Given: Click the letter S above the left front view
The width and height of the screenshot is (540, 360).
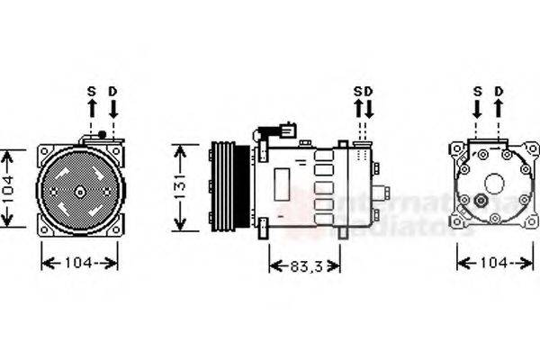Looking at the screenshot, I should (x=91, y=91).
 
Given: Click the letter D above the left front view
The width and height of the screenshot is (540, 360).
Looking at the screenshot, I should (x=112, y=91).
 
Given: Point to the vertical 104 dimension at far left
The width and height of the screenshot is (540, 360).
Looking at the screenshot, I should (x=8, y=188).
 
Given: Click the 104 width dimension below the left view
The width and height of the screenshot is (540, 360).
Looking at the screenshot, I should (x=80, y=263).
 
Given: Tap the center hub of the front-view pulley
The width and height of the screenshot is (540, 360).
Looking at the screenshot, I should (x=80, y=191).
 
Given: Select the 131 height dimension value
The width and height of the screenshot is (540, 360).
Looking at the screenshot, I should (x=182, y=187).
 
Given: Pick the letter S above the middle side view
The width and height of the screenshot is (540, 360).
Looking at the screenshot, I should (x=357, y=91).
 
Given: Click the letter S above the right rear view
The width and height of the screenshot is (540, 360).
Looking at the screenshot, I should (x=477, y=91).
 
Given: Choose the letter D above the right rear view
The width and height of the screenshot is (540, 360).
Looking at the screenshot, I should (x=499, y=91).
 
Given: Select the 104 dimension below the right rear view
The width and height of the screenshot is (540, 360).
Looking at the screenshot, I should (x=494, y=263).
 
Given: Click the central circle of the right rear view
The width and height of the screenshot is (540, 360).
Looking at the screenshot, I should (x=493, y=184).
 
